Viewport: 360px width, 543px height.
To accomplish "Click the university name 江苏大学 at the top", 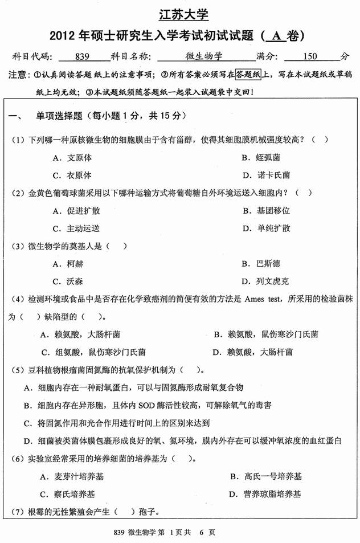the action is (x=180, y=13).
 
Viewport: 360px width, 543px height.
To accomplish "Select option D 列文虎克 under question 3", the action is (x=266, y=281).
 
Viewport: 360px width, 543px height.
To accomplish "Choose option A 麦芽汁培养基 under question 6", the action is (x=79, y=476).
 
